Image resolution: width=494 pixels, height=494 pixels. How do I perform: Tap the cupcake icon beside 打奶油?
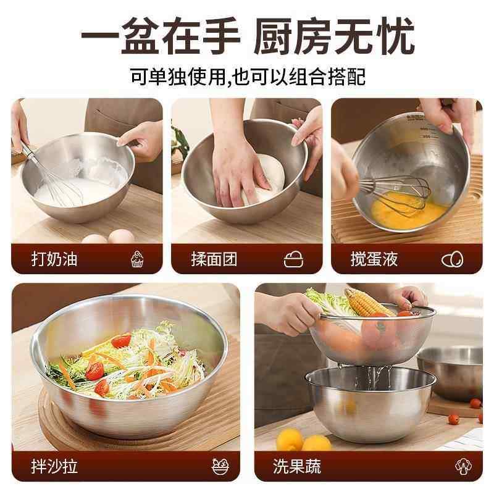coord(137,259)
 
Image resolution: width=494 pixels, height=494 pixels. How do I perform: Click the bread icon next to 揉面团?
coord(293,259)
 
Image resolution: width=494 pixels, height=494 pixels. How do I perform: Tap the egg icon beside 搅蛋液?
coord(452,259)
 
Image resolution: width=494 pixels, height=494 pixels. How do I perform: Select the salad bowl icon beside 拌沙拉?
coord(218,466)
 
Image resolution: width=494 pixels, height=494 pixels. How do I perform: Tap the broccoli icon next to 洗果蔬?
coord(464,466)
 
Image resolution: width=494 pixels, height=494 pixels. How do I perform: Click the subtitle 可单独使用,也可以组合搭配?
coord(247,77)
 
